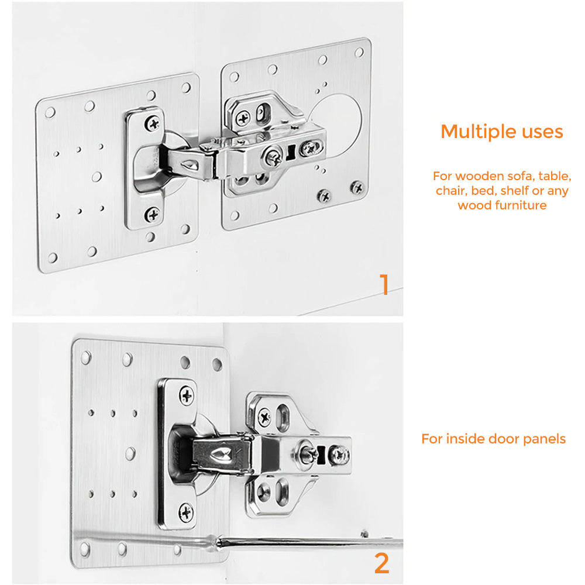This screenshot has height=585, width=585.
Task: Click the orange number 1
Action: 384,285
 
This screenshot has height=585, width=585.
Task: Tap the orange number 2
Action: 381,564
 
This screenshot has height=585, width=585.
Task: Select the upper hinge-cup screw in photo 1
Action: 153,123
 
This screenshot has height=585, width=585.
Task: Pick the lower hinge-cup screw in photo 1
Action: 152,215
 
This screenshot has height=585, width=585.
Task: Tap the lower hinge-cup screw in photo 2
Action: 186,512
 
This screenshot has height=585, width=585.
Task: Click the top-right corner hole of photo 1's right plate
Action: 359,52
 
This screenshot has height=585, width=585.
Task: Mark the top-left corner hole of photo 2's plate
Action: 86,356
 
